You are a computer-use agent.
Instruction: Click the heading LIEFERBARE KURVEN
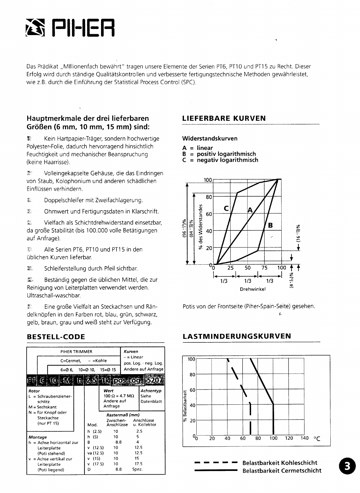(x=224, y=118)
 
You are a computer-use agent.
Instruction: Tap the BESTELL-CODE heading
(x=56, y=337)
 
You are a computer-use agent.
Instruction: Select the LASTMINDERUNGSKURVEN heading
(x=237, y=336)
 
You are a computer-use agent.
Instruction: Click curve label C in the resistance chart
(x=226, y=208)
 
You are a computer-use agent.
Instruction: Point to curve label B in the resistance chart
(x=270, y=225)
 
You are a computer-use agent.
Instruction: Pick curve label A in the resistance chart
(x=250, y=210)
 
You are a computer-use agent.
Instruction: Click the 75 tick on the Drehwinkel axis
(x=264, y=268)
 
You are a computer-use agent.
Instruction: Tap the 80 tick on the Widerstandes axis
(x=209, y=197)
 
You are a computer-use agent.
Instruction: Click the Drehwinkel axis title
(x=253, y=289)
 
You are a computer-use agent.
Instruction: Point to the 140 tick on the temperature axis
(x=304, y=438)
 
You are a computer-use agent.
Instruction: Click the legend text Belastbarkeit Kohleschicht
(x=280, y=463)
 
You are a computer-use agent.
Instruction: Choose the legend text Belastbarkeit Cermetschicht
(x=282, y=471)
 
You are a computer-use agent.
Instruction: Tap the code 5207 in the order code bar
(x=155, y=379)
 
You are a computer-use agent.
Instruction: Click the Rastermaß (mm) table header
(x=123, y=415)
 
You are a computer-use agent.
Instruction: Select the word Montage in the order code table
(x=38, y=437)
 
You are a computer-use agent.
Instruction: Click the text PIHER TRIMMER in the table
(x=76, y=352)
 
